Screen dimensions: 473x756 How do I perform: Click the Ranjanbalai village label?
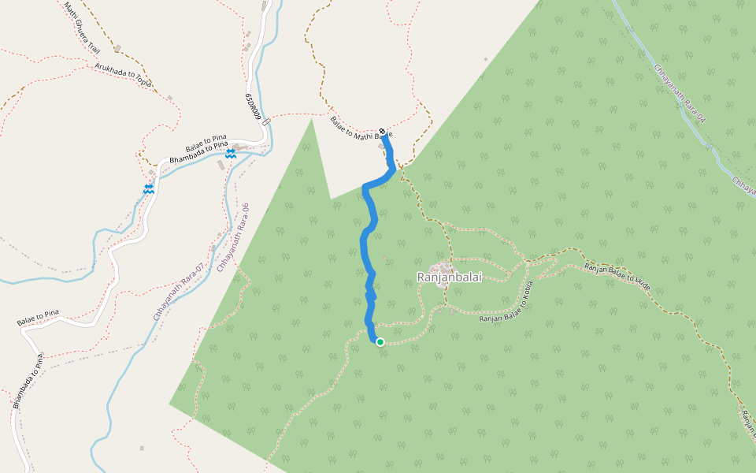tap(445, 277)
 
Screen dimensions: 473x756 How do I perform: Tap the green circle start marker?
tap(380, 341)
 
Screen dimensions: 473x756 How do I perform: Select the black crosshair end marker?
tap(382, 131)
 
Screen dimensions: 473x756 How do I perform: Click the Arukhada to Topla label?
tap(123, 75)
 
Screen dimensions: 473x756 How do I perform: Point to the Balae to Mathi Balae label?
tap(360, 135)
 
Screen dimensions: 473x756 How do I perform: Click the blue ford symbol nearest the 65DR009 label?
tap(230, 155)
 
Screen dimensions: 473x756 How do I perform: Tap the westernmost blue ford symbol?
tap(148, 189)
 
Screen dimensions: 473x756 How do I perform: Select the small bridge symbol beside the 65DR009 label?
tap(266, 122)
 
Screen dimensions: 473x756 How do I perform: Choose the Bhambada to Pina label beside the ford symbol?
tap(198, 151)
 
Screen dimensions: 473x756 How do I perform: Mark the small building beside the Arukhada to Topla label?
tap(169, 98)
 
